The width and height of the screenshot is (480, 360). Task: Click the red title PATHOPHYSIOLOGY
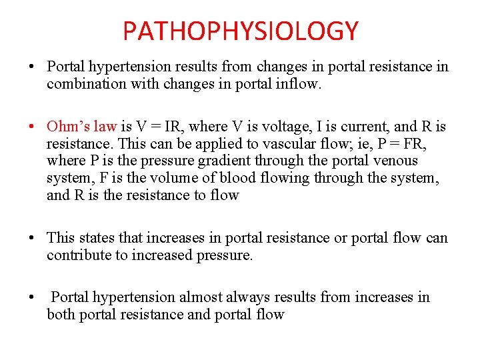[240, 31]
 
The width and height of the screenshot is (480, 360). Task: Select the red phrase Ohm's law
[81, 126]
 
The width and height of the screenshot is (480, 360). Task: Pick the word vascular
[277, 143]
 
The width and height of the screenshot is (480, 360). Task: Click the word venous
[397, 161]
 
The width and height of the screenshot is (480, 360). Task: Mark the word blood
[215, 178]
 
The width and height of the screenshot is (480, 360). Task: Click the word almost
[206, 297]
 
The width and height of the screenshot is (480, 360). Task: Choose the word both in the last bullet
[61, 314]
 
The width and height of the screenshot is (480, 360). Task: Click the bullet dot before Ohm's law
[31, 126]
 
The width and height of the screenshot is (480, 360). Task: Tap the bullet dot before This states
[31, 237]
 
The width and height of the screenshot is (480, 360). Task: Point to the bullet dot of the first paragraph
[31, 67]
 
